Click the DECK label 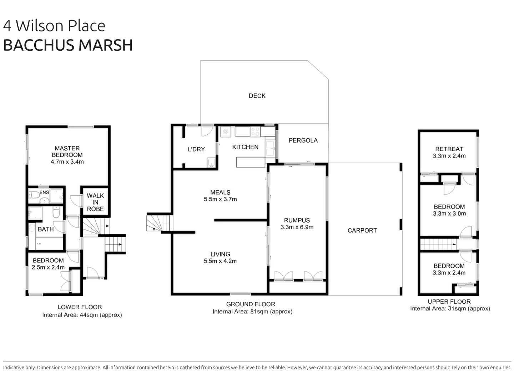click(257, 96)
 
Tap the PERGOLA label click(303, 140)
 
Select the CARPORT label click(362, 230)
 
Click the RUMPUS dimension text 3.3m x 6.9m click(297, 227)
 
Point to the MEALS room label click(220, 192)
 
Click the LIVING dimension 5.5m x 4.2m click(220, 261)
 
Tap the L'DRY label click(196, 149)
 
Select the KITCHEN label click(245, 147)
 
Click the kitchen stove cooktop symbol click(255, 132)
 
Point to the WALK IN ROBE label click(95, 202)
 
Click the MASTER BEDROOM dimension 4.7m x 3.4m click(67, 162)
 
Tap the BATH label click(46, 229)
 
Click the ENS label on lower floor click(44, 192)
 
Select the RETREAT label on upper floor click(449, 149)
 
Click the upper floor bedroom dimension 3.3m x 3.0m click(449, 214)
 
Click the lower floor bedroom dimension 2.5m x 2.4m click(48, 267)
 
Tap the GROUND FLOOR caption click(251, 304)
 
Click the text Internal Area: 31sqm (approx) click(450, 309)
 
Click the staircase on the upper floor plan click(438, 244)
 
